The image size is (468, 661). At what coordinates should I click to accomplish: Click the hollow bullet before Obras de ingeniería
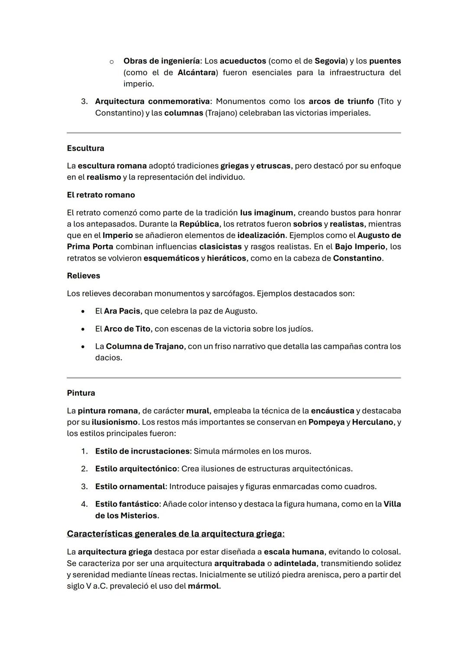[111, 61]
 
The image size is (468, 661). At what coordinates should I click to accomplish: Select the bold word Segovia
[329, 61]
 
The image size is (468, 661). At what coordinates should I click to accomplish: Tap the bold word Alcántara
[197, 72]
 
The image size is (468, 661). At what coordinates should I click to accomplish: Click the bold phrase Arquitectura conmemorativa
[152, 101]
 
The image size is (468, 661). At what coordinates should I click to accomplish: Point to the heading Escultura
[85, 148]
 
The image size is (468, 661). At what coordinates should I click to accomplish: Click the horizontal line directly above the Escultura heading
[234, 133]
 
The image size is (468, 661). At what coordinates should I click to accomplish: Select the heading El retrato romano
[101, 195]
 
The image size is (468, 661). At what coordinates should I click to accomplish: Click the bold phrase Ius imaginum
[266, 213]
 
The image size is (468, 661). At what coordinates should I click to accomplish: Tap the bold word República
[199, 224]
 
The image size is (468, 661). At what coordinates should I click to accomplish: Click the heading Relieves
[83, 276]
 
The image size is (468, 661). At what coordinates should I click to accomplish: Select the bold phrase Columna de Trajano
[145, 346]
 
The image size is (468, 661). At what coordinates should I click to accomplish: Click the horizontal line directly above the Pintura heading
[234, 378]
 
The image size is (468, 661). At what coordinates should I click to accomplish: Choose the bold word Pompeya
[326, 422]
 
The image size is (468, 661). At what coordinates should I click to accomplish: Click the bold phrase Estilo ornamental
[130, 486]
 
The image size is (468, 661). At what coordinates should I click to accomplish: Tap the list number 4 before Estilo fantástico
[84, 504]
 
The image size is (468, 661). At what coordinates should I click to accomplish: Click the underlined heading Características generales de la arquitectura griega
[175, 534]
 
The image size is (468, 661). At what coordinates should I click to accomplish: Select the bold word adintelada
[295, 563]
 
